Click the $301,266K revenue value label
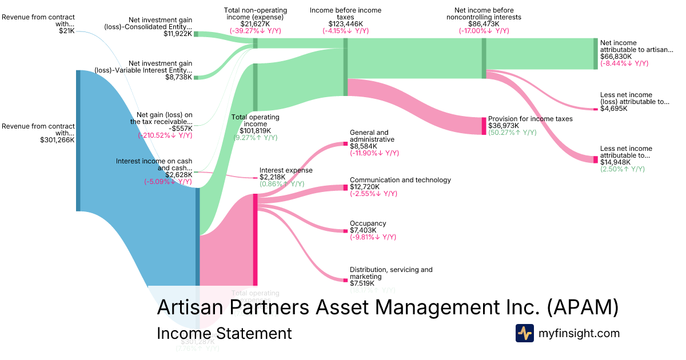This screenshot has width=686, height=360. coord(57,139)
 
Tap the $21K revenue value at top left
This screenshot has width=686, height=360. coord(67,30)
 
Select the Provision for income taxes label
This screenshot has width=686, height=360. coord(530,119)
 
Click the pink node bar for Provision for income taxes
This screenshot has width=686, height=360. coord(484,126)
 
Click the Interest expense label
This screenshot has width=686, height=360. coord(286,170)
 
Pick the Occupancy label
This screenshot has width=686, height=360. coord(368,223)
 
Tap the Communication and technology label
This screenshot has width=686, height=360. coord(400,180)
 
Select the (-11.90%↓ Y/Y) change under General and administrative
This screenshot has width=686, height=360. coord(374,153)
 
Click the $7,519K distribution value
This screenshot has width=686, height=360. coord(362,283)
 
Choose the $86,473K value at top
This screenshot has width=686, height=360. coord(483,24)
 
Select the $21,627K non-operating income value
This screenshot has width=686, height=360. coord(256,24)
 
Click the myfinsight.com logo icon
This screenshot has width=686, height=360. coord(524,333)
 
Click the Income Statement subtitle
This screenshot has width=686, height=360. coord(224,333)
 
